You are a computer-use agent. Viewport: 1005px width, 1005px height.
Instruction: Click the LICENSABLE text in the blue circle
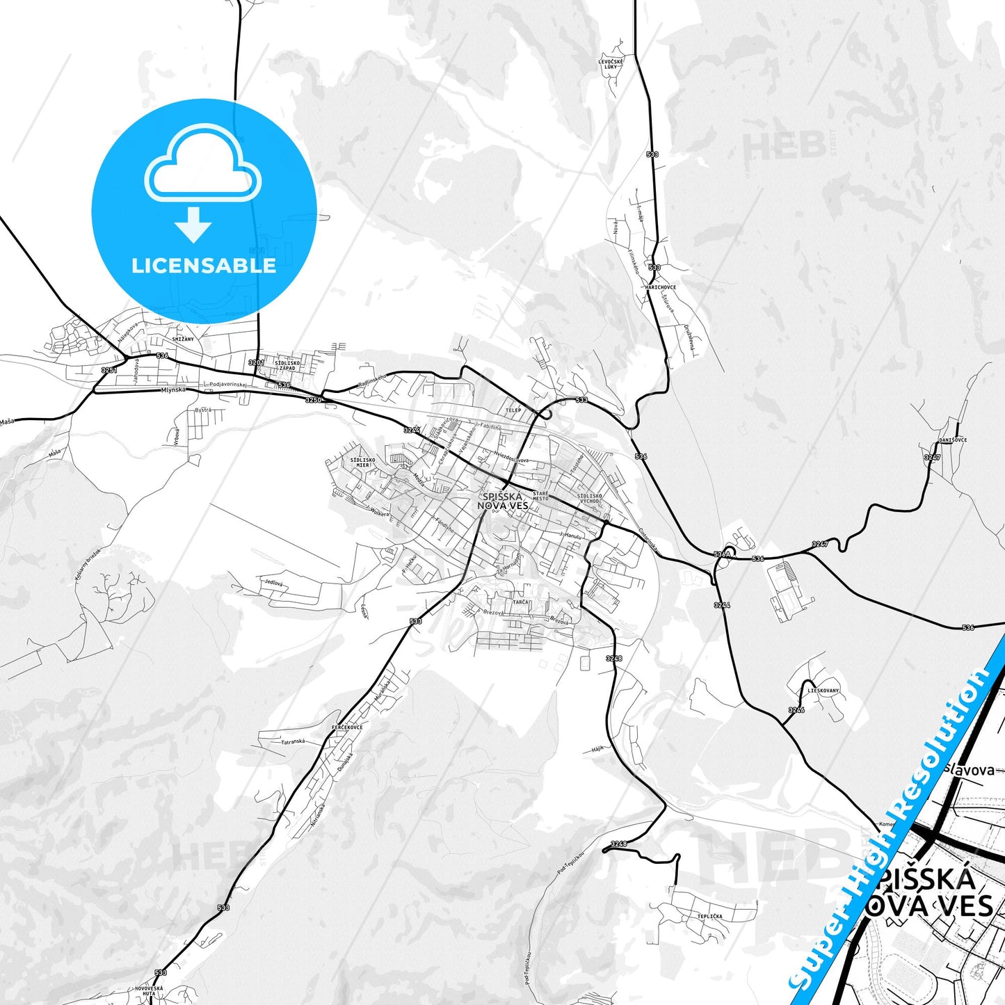[204, 266]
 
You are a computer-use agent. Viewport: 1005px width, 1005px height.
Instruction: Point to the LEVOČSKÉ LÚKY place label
[611, 64]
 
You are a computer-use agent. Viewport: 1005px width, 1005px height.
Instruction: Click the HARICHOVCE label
[660, 287]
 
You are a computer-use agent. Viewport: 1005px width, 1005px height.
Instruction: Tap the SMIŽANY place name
[184, 339]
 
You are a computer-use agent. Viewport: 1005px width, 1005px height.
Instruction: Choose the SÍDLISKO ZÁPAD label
[287, 365]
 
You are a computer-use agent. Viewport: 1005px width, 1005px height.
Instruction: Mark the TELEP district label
[513, 410]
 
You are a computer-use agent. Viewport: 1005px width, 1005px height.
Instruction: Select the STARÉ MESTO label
[540, 496]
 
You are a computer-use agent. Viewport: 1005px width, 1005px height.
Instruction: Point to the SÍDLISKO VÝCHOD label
[590, 499]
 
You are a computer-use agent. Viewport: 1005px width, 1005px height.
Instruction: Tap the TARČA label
[521, 602]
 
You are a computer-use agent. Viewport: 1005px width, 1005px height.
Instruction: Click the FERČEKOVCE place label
[347, 727]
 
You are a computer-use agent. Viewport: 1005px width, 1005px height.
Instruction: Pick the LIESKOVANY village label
[823, 691]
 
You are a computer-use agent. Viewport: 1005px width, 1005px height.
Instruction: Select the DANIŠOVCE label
[952, 440]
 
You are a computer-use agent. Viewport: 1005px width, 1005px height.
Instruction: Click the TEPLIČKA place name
[709, 917]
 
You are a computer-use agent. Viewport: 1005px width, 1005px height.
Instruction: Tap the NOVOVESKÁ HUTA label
[149, 991]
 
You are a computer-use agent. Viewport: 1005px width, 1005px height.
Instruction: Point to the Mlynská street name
[173, 390]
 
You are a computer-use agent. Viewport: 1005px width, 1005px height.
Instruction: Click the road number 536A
[722, 554]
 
